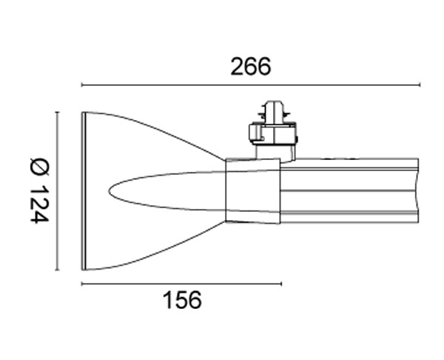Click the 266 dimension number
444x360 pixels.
point(251,67)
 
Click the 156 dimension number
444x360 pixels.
point(182,300)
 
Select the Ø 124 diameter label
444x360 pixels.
point(39,191)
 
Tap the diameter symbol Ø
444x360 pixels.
point(39,167)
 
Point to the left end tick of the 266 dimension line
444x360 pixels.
point(81,84)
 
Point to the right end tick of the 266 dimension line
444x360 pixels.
point(420,84)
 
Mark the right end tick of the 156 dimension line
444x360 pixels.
point(281,284)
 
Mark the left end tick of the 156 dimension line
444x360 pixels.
point(81,284)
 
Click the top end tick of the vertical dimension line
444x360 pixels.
point(57,113)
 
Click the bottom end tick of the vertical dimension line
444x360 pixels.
point(57,270)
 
